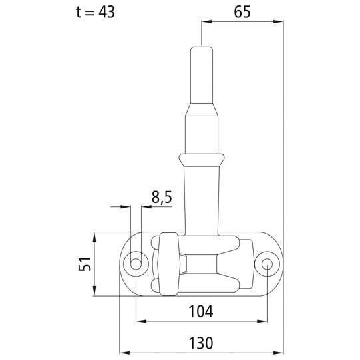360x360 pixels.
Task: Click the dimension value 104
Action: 200,311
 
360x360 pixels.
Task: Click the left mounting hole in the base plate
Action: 136,264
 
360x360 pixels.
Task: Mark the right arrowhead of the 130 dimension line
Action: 279,353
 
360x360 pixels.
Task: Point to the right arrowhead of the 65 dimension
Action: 279,22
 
